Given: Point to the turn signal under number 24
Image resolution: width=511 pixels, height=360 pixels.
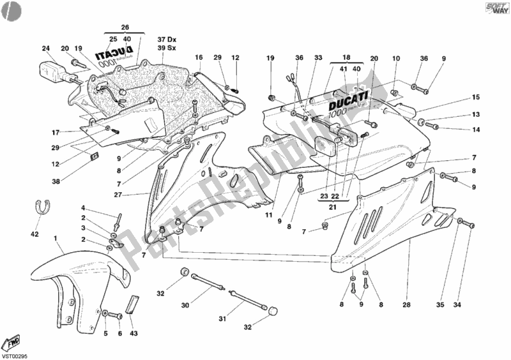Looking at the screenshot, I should click(x=53, y=69).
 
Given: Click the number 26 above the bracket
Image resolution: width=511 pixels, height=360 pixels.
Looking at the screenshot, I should click(x=125, y=27).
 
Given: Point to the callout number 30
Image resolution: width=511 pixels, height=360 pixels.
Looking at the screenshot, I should click(x=185, y=306).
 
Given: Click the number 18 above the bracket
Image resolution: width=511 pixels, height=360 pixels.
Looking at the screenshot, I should click(x=347, y=57).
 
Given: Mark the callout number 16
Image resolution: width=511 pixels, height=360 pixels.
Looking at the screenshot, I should click(x=199, y=57).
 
